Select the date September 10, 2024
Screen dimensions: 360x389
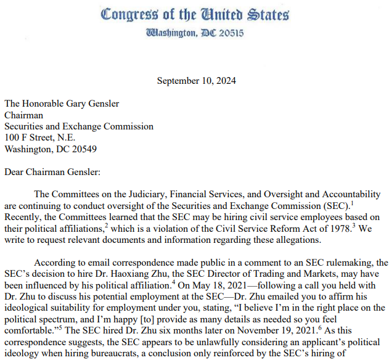pyautogui.click(x=196, y=81)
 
